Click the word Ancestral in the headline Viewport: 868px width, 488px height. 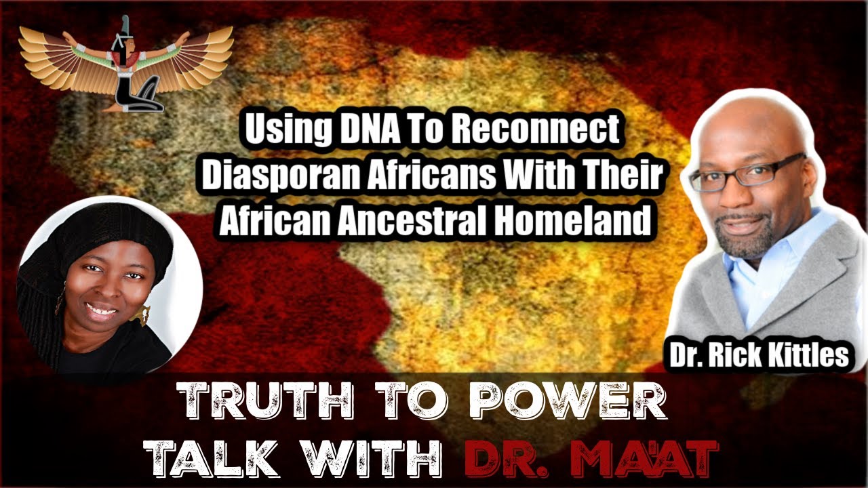pyautogui.click(x=446, y=222)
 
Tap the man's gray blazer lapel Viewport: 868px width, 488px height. pyautogui.click(x=814, y=285)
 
